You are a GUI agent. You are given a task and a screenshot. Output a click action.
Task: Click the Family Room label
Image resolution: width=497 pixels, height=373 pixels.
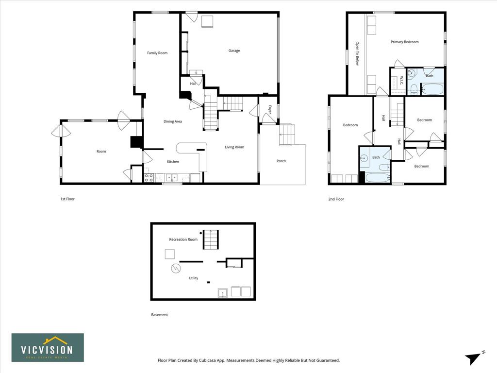[157, 53]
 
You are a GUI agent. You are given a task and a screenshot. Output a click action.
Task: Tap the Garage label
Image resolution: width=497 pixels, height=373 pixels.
[234, 51]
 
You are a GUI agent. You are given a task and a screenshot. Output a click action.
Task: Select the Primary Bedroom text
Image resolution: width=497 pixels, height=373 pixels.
[404, 42]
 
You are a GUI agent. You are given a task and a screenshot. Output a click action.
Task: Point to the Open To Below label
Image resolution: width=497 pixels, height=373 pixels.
[357, 53]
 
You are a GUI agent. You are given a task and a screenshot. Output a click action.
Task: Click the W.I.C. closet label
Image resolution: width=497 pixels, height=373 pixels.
[401, 80]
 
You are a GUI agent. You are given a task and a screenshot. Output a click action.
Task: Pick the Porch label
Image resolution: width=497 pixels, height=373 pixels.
[281, 161]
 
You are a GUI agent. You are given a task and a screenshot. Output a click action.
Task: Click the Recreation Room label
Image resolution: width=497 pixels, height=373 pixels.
[183, 239]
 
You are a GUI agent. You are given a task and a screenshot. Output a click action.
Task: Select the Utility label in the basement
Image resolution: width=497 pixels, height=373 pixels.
[193, 278]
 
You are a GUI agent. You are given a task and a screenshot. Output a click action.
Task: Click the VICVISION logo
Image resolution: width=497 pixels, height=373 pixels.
[48, 348]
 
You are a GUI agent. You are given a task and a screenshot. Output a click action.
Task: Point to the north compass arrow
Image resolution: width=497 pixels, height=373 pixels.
[473, 358]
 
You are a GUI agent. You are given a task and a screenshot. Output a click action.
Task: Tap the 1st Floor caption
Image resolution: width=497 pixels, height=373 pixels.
[67, 199]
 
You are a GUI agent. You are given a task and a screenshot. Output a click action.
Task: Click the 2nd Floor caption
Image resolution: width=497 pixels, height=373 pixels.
[336, 199]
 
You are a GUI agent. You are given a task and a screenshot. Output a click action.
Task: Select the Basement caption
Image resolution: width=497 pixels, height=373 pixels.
[159, 315]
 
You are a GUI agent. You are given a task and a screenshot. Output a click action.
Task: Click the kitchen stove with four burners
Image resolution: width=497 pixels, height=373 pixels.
[149, 178]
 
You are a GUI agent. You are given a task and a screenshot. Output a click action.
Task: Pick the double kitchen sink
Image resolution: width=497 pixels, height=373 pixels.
[172, 178]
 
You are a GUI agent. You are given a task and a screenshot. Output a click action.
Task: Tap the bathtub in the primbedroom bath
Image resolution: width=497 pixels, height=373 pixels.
[432, 89]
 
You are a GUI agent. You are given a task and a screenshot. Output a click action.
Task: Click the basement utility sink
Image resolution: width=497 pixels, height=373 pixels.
[223, 293]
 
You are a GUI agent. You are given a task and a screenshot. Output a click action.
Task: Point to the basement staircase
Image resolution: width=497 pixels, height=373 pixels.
[211, 239]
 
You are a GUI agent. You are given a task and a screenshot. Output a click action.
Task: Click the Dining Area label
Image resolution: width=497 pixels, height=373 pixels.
[173, 121]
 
